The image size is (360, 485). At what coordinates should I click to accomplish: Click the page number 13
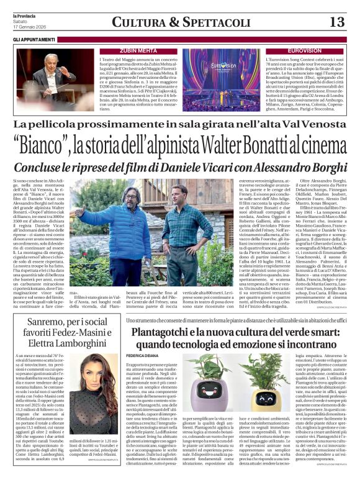(337, 22)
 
